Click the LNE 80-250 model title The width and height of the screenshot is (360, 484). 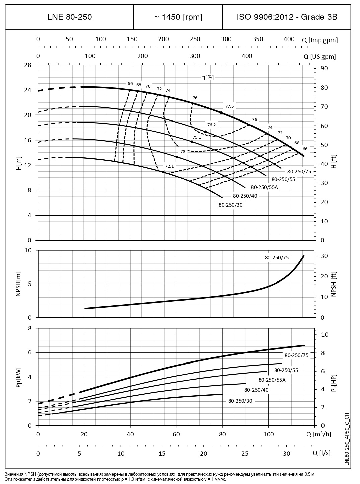click(x=69, y=17)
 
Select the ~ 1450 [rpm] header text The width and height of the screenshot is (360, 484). click(x=178, y=17)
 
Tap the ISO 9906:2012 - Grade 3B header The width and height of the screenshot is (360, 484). click(x=287, y=17)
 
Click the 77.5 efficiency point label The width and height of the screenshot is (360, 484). click(x=230, y=106)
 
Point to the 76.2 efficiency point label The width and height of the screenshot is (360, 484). click(x=212, y=125)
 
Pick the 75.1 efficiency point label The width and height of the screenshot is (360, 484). click(x=197, y=137)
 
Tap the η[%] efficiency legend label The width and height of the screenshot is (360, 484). click(x=208, y=77)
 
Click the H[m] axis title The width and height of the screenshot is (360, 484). click(x=19, y=163)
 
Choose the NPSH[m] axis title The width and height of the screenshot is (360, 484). click(x=19, y=284)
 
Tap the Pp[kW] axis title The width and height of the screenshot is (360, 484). click(x=19, y=377)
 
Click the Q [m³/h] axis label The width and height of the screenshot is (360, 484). click(x=318, y=434)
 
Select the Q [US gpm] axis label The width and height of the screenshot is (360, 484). click(x=319, y=57)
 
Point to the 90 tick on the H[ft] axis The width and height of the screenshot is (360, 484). click(x=324, y=68)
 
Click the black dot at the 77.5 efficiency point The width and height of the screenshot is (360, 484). click(x=221, y=113)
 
